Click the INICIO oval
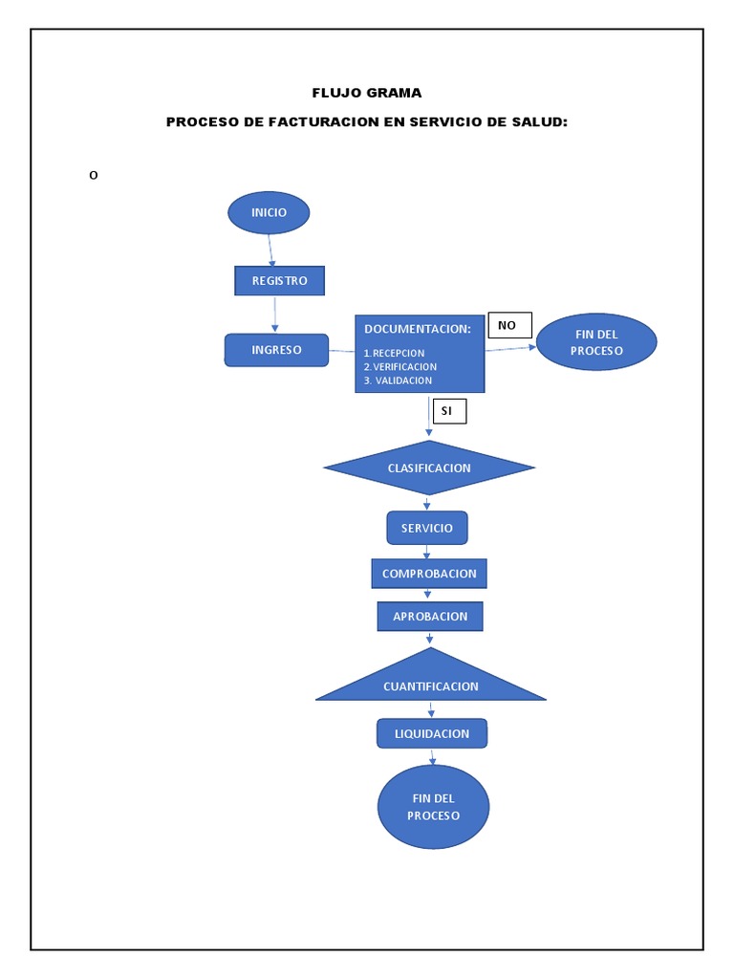[x=269, y=212]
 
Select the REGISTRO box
[x=279, y=280]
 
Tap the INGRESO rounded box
[x=276, y=350]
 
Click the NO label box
[x=508, y=325]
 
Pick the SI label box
[x=448, y=411]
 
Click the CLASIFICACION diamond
[x=429, y=468]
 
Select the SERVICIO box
[x=427, y=528]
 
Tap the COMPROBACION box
[x=429, y=574]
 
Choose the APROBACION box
[x=430, y=617]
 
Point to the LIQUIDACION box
[x=432, y=733]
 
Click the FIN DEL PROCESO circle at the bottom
[x=433, y=807]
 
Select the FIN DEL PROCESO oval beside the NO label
[x=596, y=342]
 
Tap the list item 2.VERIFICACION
[x=400, y=366]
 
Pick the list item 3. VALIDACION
[x=399, y=381]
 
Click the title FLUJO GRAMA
[x=367, y=93]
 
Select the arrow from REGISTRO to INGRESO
[x=275, y=314]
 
